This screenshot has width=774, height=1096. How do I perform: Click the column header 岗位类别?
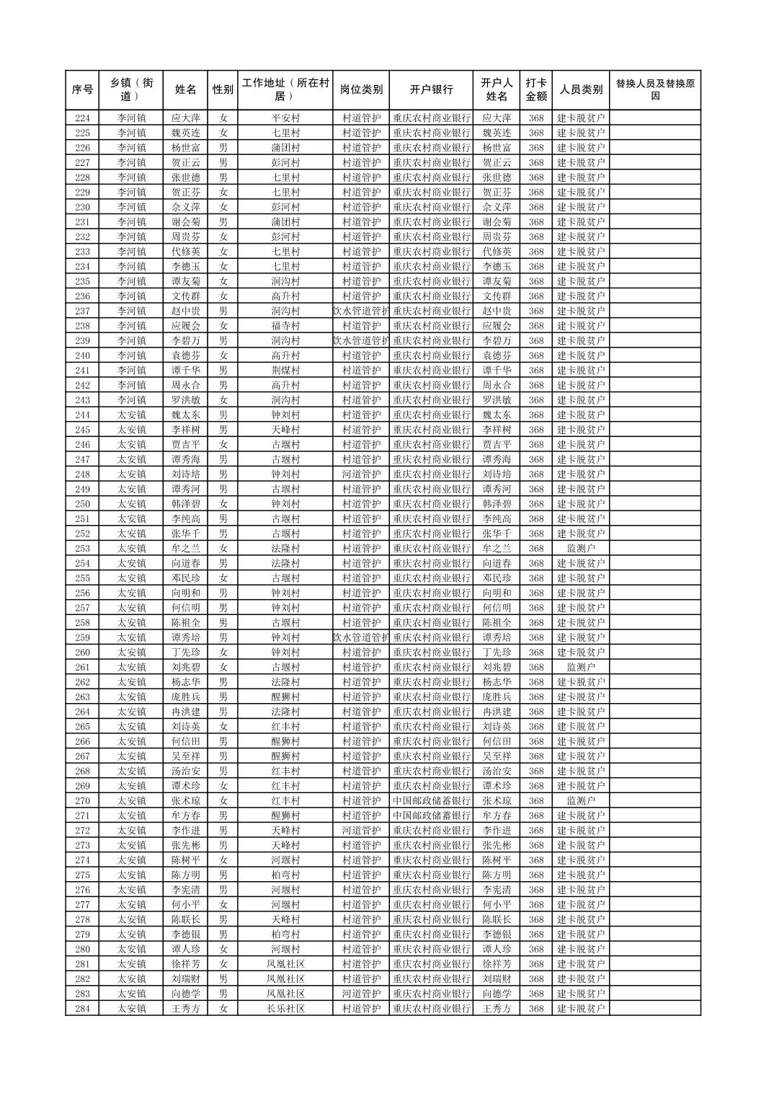[361, 90]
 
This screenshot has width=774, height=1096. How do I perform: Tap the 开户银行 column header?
[431, 90]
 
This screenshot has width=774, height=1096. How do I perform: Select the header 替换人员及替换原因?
[654, 90]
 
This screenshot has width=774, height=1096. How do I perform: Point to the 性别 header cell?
[223, 90]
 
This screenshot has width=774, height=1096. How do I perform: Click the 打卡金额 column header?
[535, 90]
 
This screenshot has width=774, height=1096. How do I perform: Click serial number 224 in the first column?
[82, 118]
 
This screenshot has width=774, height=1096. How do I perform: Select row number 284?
[82, 1009]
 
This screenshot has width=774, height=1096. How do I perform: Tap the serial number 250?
[82, 504]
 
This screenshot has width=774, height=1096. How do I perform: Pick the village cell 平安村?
[285, 118]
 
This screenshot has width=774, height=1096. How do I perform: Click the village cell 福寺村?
[285, 326]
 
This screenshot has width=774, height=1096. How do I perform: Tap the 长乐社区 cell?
[285, 1009]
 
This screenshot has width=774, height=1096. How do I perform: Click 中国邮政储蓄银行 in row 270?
[431, 801]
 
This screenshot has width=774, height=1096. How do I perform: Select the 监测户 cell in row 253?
[581, 549]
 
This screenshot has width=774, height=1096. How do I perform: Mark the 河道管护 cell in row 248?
[361, 474]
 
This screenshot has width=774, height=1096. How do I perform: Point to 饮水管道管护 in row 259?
[361, 637]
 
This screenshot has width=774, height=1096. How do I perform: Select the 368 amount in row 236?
[535, 296]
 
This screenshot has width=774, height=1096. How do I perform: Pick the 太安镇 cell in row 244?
[132, 415]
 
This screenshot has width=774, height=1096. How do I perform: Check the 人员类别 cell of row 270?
[581, 801]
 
